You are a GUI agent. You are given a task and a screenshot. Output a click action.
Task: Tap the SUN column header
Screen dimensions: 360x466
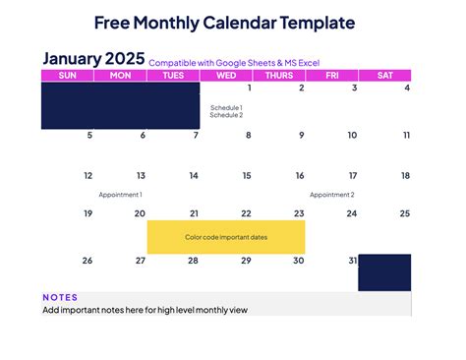pos(68,76)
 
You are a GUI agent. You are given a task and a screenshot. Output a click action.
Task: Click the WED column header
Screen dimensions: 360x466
pos(226,76)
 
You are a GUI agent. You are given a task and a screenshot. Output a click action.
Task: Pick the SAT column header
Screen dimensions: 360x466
pos(384,76)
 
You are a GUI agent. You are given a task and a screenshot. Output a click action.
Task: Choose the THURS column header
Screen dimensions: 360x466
pos(279,76)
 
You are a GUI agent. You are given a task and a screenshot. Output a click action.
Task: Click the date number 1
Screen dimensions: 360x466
pos(250,89)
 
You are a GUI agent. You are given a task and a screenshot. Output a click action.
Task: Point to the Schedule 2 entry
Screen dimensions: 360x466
pos(226,115)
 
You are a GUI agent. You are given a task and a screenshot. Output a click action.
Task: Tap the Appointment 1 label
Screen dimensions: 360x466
pos(120,195)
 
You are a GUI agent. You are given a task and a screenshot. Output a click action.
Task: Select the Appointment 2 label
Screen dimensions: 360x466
pos(331,195)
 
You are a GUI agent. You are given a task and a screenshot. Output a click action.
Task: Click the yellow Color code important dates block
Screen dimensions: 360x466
pos(226,237)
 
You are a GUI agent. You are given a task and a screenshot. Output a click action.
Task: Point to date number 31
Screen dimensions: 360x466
pos(352,261)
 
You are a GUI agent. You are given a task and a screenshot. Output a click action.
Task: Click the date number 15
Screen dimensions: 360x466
pos(247,176)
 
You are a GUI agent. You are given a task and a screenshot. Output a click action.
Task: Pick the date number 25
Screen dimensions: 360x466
pos(404,213)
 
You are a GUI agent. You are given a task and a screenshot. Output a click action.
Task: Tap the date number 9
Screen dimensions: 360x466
pos(301,136)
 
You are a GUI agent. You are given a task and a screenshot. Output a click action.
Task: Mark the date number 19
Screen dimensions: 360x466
pos(87,213)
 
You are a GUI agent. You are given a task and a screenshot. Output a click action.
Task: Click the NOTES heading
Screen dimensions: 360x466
pos(60,297)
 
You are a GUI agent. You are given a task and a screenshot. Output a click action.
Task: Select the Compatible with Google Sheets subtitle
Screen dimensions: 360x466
pos(233,62)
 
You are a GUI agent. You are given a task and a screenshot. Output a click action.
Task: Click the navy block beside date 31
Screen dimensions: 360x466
pos(383,272)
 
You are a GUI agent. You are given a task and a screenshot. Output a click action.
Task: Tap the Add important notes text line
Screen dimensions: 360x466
pos(145,310)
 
